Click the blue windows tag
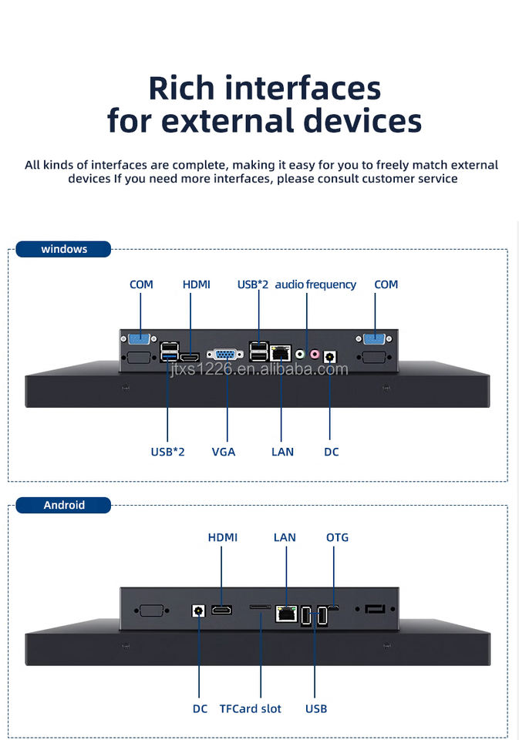pyautogui.click(x=64, y=249)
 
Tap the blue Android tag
pyautogui.click(x=64, y=505)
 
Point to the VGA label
pyautogui.click(x=224, y=452)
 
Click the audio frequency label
pyautogui.click(x=315, y=284)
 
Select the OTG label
pyautogui.click(x=337, y=537)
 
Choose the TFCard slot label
pyautogui.click(x=251, y=708)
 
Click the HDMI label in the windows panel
pyautogui.click(x=196, y=284)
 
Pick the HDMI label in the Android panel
pyautogui.click(x=223, y=537)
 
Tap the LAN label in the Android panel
pyautogui.click(x=285, y=537)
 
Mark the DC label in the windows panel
pyautogui.click(x=331, y=452)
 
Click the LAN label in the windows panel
pyautogui.click(x=282, y=452)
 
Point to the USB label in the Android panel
pyautogui.click(x=316, y=708)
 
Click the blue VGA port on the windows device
pyautogui.click(x=225, y=355)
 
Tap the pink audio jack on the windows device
pyautogui.click(x=315, y=354)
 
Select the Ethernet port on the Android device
pyautogui.click(x=286, y=614)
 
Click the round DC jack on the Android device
pyautogui.click(x=199, y=610)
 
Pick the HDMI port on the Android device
pyautogui.click(x=223, y=610)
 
